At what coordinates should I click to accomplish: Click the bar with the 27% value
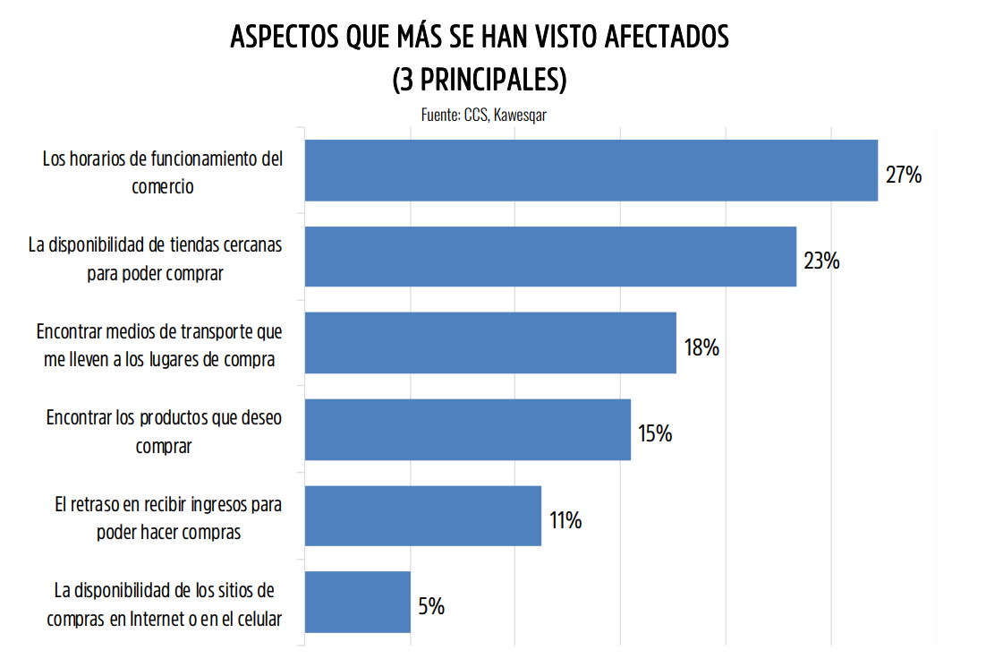pos(591,170)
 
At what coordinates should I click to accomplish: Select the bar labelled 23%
pos(550,257)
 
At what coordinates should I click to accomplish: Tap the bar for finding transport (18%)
pos(490,343)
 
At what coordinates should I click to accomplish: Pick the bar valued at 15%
pos(468,430)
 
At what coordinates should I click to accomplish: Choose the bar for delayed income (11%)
pos(423,516)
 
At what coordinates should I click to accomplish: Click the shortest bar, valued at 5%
pos(358,603)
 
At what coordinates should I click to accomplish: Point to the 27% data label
pos(903,175)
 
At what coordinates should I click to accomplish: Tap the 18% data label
pos(701,347)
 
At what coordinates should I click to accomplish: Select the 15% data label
pos(655,434)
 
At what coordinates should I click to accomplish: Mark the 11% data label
pos(565,520)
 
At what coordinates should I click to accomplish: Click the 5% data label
pos(431,607)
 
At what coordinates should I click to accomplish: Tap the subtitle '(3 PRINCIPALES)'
pos(480,80)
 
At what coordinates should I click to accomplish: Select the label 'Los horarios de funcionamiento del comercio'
pos(163,173)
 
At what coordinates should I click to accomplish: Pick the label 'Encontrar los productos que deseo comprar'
pos(164,432)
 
